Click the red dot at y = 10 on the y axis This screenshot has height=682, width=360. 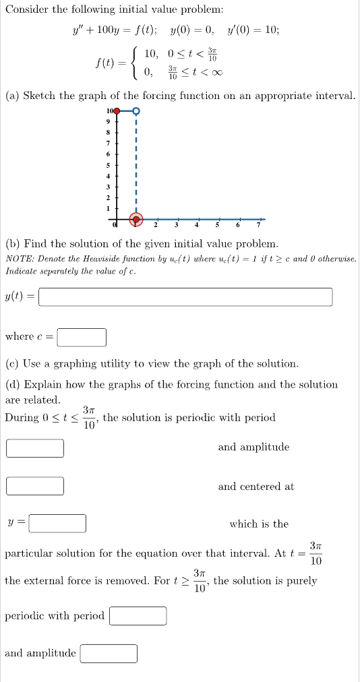[x=117, y=111]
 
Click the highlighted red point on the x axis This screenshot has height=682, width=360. [x=136, y=220]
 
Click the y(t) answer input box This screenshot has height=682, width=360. [x=185, y=297]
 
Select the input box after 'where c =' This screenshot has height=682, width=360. [x=82, y=336]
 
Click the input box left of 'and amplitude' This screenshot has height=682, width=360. [x=36, y=447]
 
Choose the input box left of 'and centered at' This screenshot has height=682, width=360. [x=36, y=486]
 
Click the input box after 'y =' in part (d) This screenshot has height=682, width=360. [x=57, y=524]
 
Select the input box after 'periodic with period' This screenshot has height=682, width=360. [x=138, y=616]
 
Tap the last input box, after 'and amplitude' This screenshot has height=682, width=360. [x=109, y=653]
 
